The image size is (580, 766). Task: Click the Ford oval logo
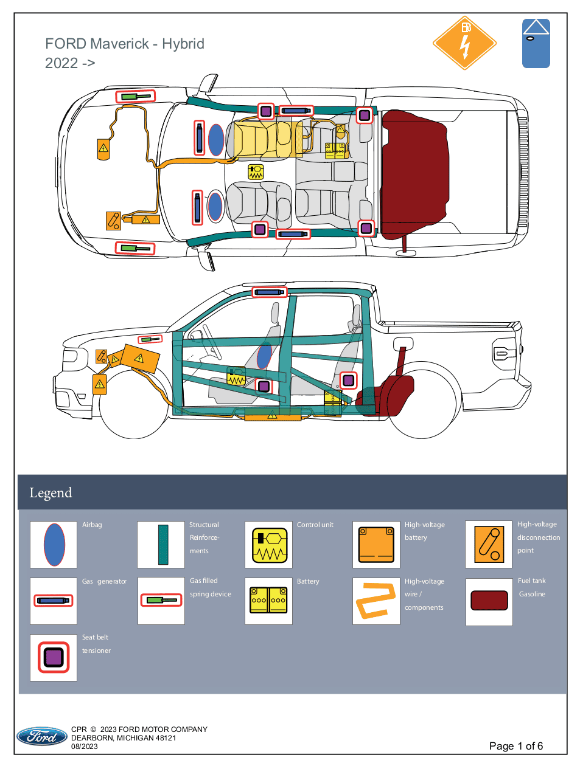click(x=42, y=736)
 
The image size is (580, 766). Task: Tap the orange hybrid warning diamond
click(x=464, y=43)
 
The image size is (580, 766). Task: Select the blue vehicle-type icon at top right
click(x=536, y=43)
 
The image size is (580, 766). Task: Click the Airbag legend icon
click(x=54, y=545)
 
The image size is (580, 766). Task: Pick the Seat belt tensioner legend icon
click(x=54, y=657)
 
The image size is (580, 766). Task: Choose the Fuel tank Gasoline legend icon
click(x=489, y=601)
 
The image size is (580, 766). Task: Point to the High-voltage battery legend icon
click(x=376, y=544)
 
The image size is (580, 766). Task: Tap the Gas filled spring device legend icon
click(x=161, y=600)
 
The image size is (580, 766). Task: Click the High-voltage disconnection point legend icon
click(x=489, y=544)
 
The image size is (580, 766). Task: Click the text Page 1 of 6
click(x=515, y=746)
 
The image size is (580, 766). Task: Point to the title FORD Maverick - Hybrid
click(x=125, y=44)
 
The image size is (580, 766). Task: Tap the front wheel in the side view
click(x=134, y=404)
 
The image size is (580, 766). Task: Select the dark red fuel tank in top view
click(x=414, y=174)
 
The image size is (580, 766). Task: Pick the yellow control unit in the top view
click(x=256, y=172)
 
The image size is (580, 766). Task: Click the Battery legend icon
click(x=268, y=600)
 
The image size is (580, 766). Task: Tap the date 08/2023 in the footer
click(x=85, y=747)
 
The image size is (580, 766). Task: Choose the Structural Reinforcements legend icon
click(x=163, y=545)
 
